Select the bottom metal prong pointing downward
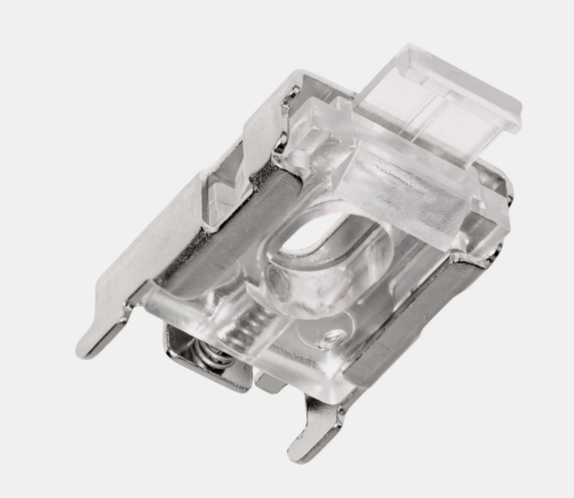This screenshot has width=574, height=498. pos(306,447)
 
